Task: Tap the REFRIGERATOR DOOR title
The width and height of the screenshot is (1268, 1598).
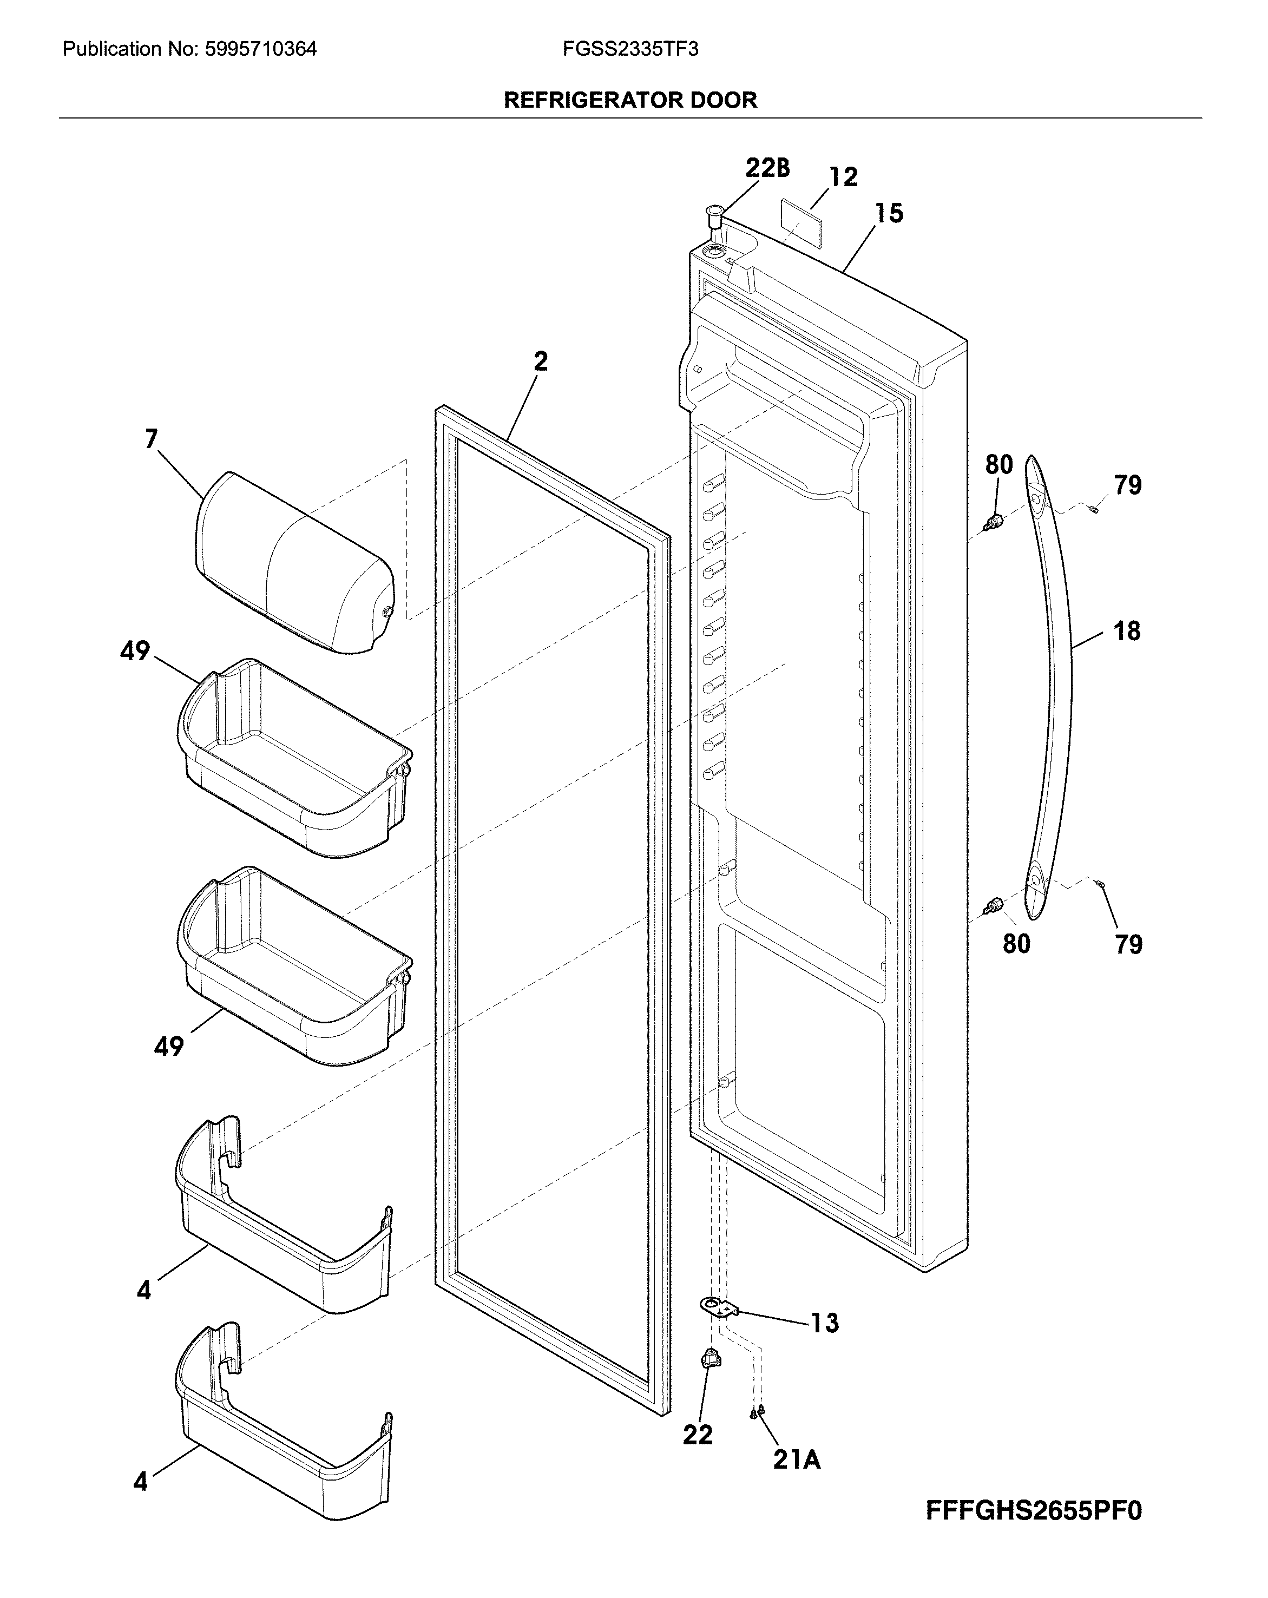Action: tap(630, 100)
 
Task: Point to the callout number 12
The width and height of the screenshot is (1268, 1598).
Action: tap(843, 176)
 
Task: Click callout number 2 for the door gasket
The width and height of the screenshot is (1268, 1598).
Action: tap(541, 361)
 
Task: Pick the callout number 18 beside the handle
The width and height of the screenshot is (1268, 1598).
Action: tap(1126, 632)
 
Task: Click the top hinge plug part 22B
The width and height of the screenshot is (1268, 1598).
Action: tap(714, 217)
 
